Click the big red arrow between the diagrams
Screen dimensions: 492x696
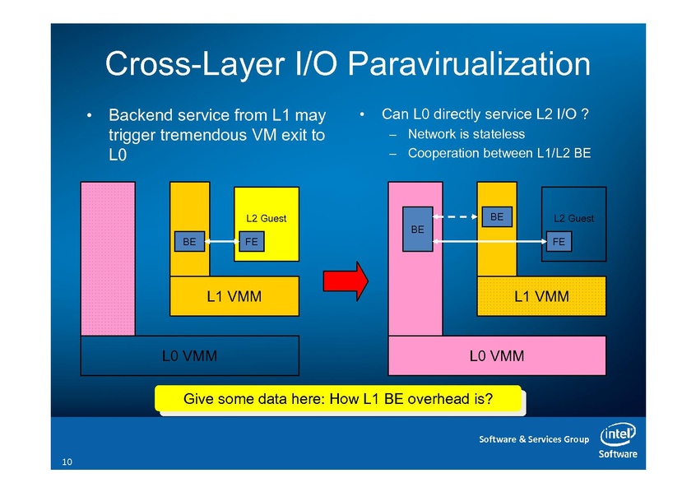tap(346, 279)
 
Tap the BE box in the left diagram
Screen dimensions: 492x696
tap(189, 242)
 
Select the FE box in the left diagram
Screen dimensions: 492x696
tap(251, 242)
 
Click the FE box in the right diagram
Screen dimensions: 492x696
tap(559, 241)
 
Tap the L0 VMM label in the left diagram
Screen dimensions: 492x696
tap(189, 356)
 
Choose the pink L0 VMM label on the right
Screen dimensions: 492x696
tap(496, 356)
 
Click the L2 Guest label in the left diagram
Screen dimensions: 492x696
tap(266, 219)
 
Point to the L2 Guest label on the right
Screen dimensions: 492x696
tap(573, 218)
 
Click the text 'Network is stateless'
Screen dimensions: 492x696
tap(466, 133)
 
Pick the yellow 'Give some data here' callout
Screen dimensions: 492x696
tap(338, 400)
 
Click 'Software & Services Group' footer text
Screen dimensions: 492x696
tap(534, 439)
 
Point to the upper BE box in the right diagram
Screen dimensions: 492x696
tap(497, 216)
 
